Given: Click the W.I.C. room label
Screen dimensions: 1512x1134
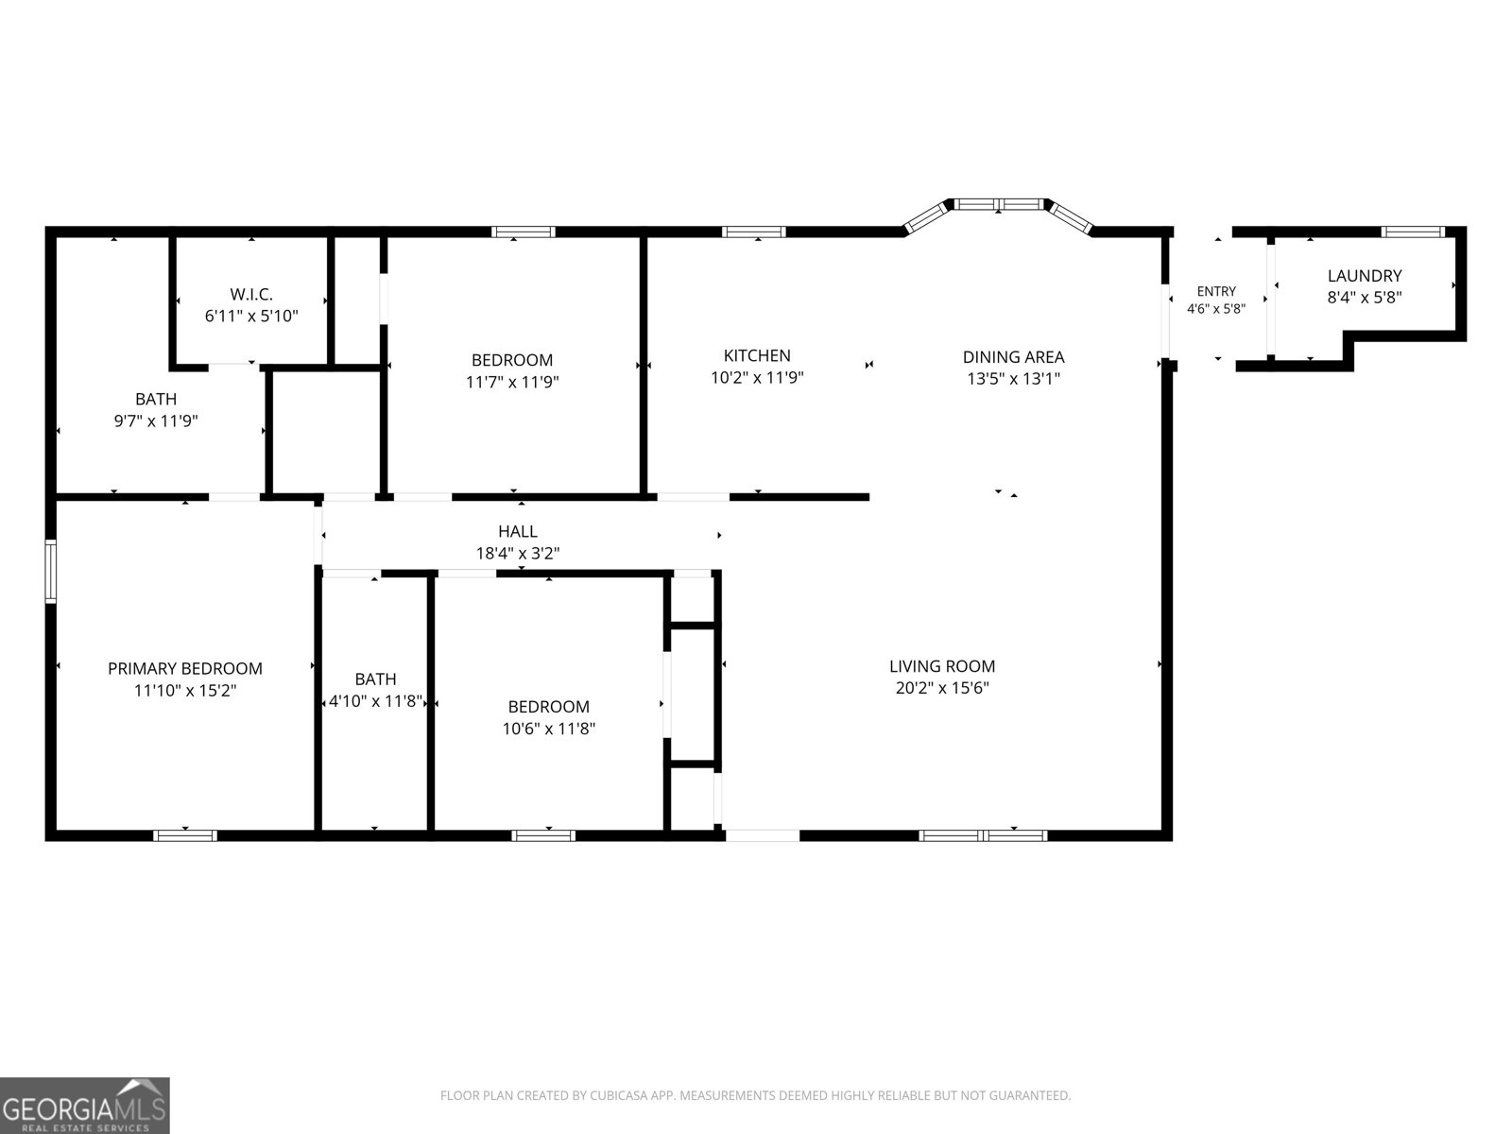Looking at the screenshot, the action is coord(251,294).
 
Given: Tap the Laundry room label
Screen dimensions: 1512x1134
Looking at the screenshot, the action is coord(1364,275).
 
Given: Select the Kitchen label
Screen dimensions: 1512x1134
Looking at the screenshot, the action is coord(757,355).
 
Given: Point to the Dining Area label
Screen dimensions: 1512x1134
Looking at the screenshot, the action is coord(1013,356).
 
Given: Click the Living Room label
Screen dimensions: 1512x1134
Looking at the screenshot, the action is coord(941,666).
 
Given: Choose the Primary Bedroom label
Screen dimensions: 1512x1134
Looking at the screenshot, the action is coord(184,668).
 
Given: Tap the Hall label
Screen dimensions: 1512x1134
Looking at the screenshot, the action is coord(517,531).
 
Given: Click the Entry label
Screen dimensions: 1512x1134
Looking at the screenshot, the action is coord(1216,290).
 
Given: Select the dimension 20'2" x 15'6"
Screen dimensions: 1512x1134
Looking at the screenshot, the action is coord(941,687).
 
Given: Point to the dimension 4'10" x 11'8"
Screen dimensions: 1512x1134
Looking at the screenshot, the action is coord(375,701).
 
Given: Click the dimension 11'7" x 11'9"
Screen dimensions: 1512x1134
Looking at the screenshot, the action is coord(512,382).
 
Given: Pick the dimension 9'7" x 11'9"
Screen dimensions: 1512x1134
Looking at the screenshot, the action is coord(156,420).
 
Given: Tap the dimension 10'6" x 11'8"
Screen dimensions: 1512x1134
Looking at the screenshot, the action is coord(548,728).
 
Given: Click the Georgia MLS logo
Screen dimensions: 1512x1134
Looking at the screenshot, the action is coord(84,1105).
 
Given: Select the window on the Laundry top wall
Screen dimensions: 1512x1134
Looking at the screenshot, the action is coord(1413,232).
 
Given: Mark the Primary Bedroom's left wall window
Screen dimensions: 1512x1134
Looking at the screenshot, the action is coord(50,572).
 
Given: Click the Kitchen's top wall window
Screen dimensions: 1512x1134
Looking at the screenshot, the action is coord(753,232).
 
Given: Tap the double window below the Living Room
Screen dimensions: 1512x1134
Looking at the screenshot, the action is coord(983,836).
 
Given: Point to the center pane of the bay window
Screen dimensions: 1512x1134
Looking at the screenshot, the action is coord(999,204).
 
